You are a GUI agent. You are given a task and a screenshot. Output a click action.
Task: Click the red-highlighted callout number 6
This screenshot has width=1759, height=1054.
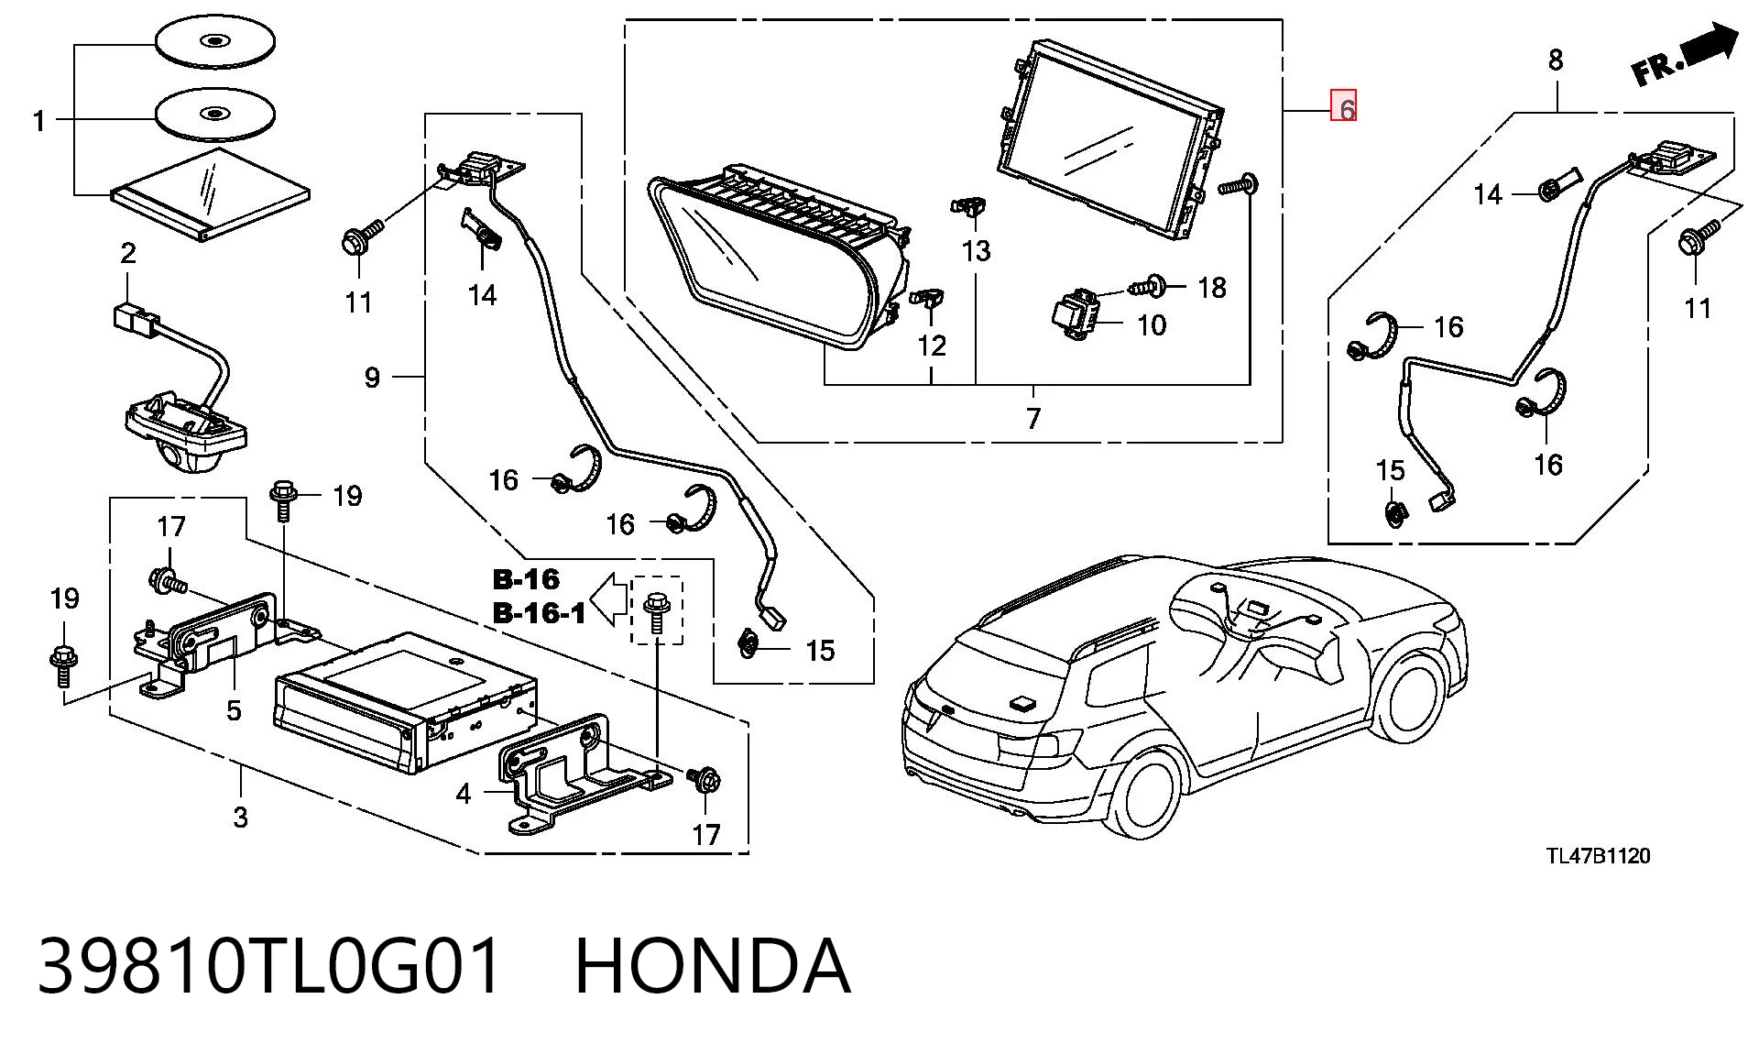pos(1344,107)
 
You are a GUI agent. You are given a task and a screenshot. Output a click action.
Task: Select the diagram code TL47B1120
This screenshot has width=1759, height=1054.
pos(1598,856)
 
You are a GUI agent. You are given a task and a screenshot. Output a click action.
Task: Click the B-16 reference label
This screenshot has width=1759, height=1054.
pos(526,579)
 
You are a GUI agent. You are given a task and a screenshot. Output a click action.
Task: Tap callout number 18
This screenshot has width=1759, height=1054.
pos(1211,288)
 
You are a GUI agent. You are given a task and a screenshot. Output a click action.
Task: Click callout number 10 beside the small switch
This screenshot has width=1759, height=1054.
pos(1152,325)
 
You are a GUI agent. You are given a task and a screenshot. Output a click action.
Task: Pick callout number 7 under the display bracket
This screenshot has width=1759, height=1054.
pos(1033,419)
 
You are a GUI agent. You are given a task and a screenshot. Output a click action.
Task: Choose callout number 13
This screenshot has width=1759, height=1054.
pos(977,249)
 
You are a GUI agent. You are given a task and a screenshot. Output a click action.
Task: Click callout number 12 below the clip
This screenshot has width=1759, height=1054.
pos(932,346)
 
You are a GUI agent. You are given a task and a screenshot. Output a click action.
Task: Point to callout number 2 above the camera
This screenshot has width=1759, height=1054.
pos(127,253)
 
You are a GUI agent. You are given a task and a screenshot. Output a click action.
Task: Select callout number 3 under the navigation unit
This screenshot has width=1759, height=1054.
pos(240,817)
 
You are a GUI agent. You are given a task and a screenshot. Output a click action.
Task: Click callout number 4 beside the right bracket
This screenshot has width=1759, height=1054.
pos(464,794)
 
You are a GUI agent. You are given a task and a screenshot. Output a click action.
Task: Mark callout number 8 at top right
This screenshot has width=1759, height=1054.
pos(1556,60)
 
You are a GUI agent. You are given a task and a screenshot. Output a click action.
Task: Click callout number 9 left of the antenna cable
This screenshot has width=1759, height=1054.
pos(372,378)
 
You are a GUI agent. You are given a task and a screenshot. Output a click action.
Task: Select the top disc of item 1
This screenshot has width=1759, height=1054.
pos(215,42)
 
